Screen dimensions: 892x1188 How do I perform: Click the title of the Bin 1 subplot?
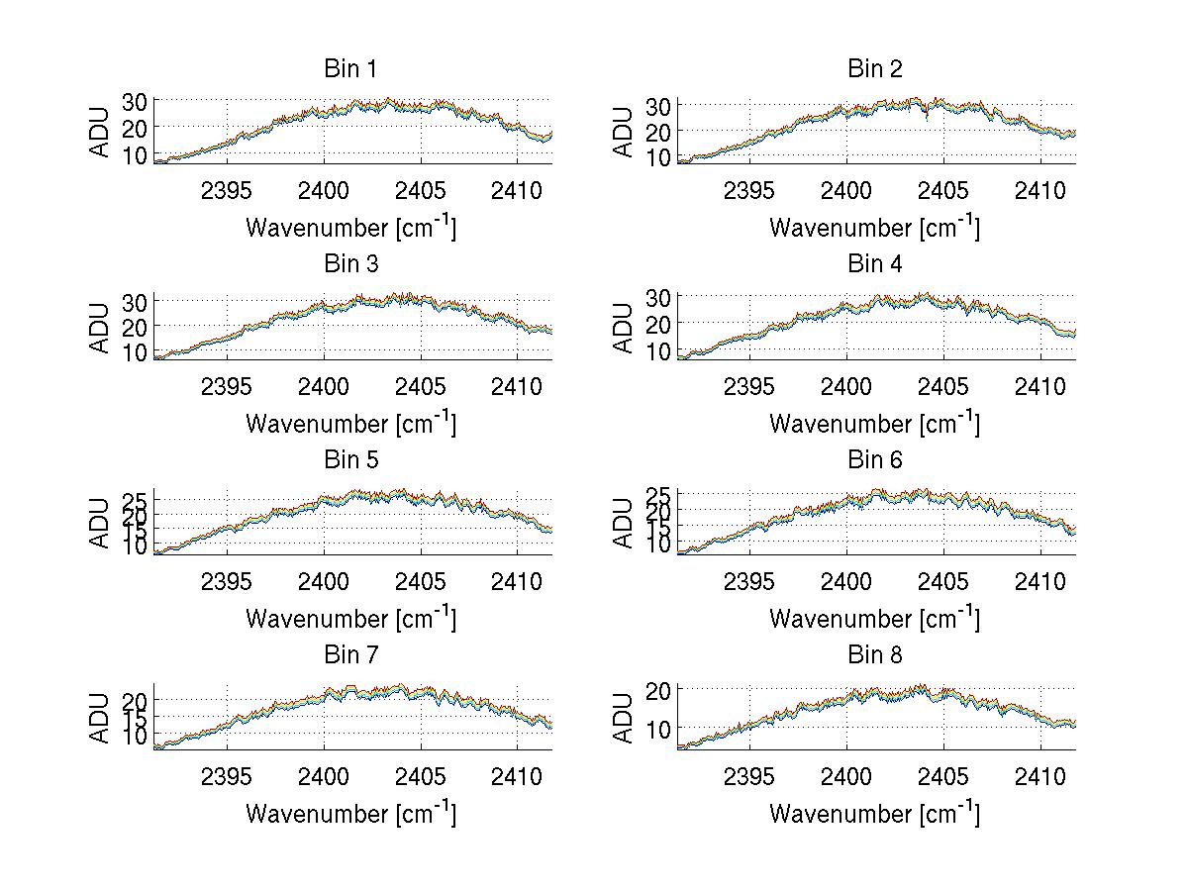[350, 69]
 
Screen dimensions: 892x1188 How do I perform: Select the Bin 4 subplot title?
[874, 264]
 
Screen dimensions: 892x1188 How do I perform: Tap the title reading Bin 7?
[350, 655]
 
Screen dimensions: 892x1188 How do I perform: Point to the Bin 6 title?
[874, 460]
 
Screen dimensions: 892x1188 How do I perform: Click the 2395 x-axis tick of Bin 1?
[227, 190]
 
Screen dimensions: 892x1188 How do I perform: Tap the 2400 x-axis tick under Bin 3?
[324, 385]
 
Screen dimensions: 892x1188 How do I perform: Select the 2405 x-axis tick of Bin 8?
[943, 776]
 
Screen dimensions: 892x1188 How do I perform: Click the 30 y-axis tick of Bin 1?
[135, 101]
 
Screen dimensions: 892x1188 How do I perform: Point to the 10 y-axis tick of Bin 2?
[658, 156]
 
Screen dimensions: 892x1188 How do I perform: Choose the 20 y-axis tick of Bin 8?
[658, 688]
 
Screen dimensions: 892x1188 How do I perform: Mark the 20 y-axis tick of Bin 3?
[135, 326]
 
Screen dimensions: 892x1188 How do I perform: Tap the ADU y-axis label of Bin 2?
[624, 132]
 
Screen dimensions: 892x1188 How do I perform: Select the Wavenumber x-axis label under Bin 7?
[350, 814]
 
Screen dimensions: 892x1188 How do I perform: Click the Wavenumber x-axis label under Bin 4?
[874, 423]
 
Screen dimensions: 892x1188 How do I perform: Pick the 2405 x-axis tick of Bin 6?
[943, 581]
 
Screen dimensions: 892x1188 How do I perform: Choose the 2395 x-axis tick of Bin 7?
[227, 776]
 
